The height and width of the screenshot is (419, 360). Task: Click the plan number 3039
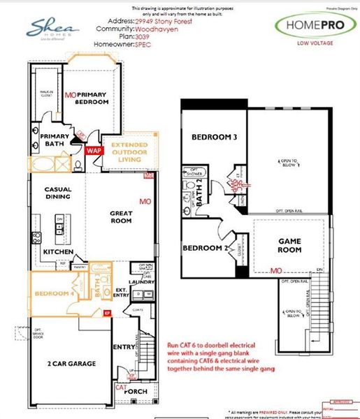tap(143, 38)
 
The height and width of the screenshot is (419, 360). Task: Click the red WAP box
tap(93, 149)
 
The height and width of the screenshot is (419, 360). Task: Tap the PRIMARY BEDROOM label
tap(93, 98)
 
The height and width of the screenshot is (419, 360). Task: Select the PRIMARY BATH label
tap(54, 140)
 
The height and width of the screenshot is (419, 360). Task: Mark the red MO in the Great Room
tap(145, 202)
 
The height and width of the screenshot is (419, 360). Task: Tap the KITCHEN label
tap(59, 250)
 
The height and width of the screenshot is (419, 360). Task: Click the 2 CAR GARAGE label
tap(70, 364)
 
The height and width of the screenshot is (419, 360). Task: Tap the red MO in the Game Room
tap(276, 270)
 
